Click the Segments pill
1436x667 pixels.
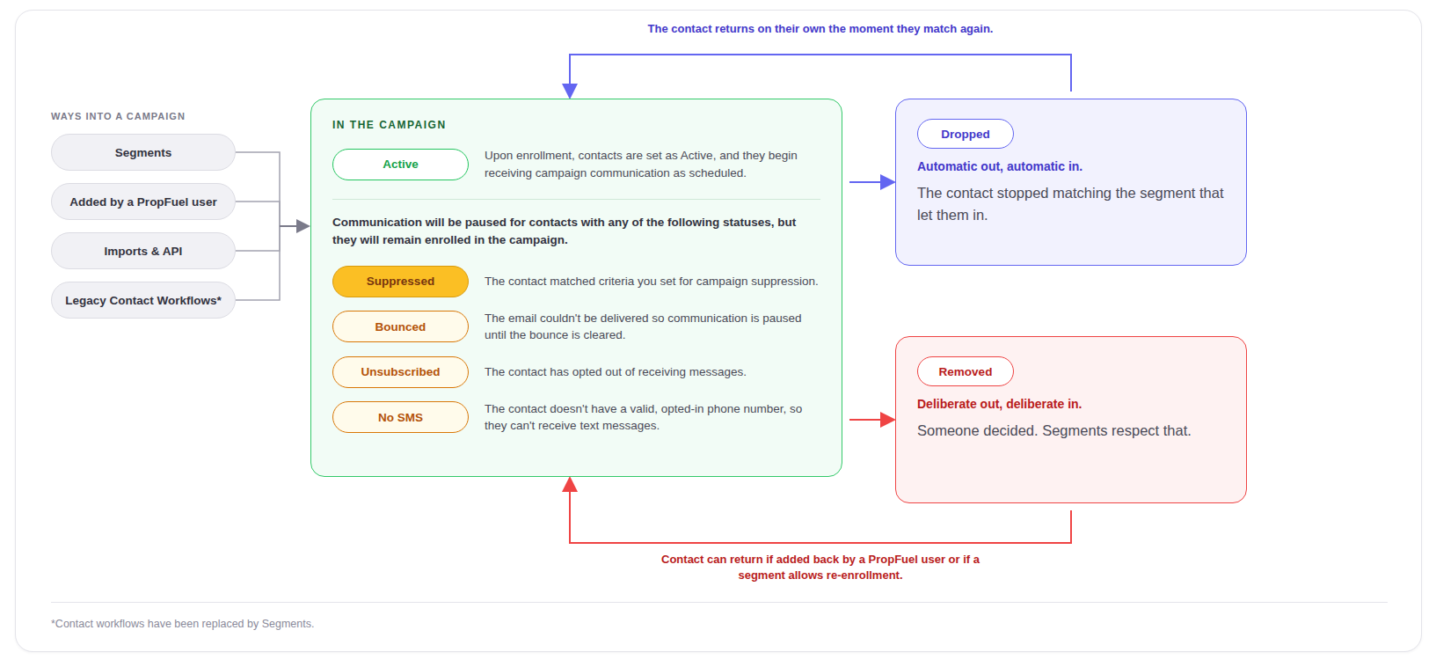[x=143, y=152]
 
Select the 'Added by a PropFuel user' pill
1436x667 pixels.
[x=143, y=202]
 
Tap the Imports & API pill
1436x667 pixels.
[x=143, y=252]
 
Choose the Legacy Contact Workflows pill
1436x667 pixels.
[x=143, y=300]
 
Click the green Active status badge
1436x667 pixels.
[x=400, y=165]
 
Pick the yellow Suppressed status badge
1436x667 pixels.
[x=400, y=282]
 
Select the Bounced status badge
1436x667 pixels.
[x=400, y=327]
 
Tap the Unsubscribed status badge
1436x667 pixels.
[x=400, y=372]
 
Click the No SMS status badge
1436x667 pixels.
[x=400, y=417]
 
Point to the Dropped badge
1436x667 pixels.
[x=966, y=134]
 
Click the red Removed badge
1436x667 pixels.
[x=966, y=372]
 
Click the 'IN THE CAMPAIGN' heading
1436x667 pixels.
[x=390, y=125]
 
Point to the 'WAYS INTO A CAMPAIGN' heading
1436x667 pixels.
[x=118, y=116]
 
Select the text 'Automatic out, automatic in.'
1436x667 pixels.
[x=1000, y=167]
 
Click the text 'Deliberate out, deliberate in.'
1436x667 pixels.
[x=1000, y=404]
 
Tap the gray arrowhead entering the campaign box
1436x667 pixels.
[x=303, y=226]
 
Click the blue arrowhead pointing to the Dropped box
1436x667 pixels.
[x=888, y=182]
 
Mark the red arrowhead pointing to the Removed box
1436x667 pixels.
[x=888, y=420]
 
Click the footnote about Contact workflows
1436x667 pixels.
[x=183, y=623]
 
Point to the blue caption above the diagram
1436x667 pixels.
[x=820, y=29]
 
